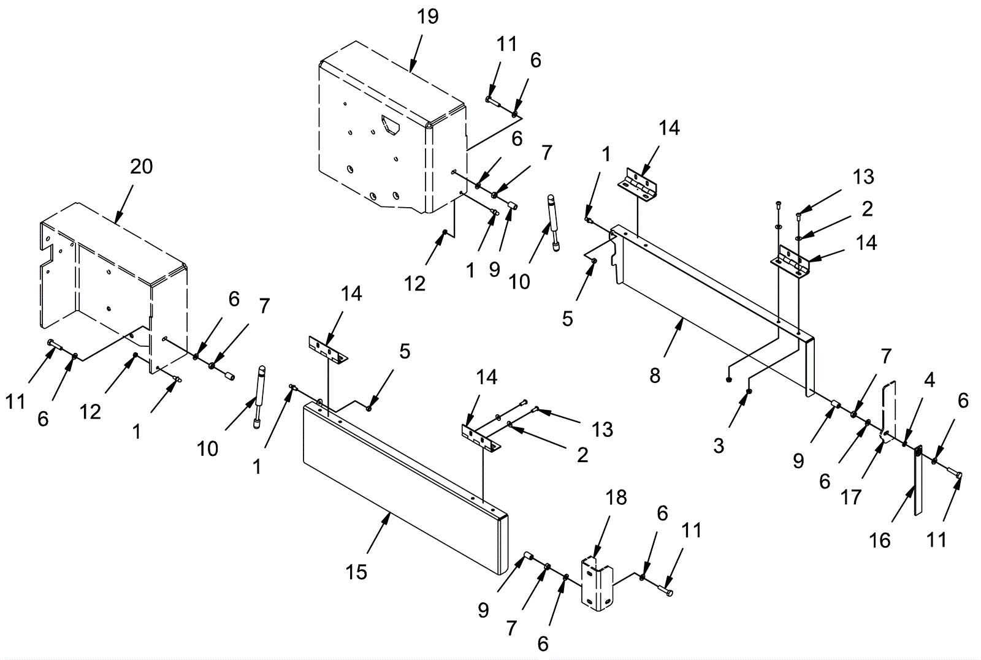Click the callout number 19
click(x=428, y=17)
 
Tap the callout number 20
click(x=141, y=166)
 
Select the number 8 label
click(x=655, y=376)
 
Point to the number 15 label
click(x=356, y=571)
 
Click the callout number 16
click(x=880, y=540)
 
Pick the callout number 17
click(x=851, y=496)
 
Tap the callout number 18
click(x=617, y=498)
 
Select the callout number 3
click(x=719, y=446)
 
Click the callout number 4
click(x=929, y=381)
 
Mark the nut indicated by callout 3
click(x=749, y=391)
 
